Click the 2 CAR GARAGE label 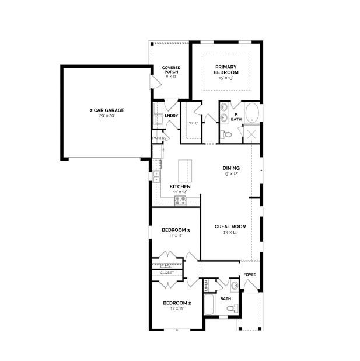coord(107,110)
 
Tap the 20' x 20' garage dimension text coord(107,116)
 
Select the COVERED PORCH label coord(171,70)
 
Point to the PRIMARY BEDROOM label coord(226,70)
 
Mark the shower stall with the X coord(251,134)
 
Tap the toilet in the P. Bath coord(228,134)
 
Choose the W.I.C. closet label coord(193,123)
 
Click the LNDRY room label coord(171,116)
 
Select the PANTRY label coord(159,138)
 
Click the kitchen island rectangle coord(184,170)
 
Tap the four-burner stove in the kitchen coord(180,200)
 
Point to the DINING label coord(231,168)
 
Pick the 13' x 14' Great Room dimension coord(230,232)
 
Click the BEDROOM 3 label coord(176,230)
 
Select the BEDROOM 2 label coord(177,303)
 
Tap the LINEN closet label coord(206,286)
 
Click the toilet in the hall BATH coord(230,308)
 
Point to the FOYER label coord(250,275)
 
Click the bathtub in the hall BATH coord(209,305)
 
